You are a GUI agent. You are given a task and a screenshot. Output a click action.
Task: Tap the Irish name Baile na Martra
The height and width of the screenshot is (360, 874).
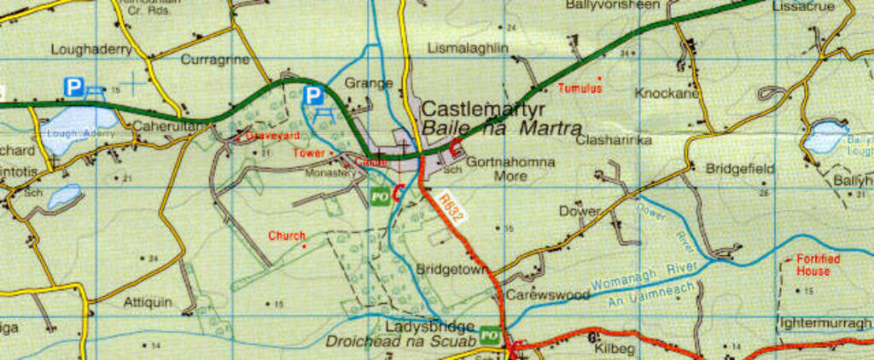tap(485, 130)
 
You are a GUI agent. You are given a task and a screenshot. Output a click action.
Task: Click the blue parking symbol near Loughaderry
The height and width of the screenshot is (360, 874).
tap(74, 86)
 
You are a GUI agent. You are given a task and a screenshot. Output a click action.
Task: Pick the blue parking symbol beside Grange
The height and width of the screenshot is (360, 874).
tap(314, 95)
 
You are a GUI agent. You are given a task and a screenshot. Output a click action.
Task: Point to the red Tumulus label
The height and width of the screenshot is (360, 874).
tap(580, 88)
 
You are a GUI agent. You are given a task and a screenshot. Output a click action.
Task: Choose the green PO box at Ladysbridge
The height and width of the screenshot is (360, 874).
tap(489, 334)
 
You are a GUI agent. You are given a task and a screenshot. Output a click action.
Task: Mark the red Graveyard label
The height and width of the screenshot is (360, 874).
tap(272, 135)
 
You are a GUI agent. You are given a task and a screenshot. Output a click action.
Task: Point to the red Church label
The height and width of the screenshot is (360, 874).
tap(286, 235)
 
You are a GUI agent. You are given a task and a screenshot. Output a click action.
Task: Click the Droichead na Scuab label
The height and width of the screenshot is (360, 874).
tap(399, 341)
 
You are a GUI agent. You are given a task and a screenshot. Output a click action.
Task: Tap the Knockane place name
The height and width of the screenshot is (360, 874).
tap(667, 93)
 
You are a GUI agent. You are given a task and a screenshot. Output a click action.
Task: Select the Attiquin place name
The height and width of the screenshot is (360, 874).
tap(148, 302)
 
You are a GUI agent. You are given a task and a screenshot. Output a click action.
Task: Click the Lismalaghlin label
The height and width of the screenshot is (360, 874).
tap(467, 49)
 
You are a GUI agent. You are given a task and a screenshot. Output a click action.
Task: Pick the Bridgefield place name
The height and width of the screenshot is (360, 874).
tap(740, 169)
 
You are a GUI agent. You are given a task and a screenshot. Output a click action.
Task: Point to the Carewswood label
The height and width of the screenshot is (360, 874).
tap(547, 294)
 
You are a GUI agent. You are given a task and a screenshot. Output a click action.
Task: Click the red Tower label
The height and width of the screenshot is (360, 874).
tap(309, 153)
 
